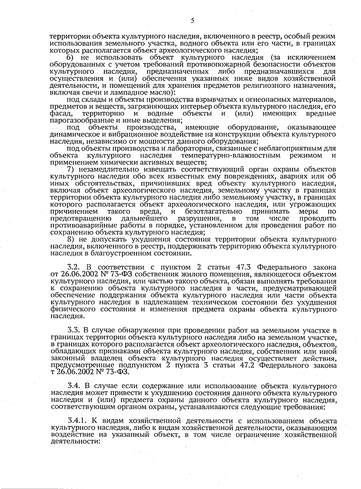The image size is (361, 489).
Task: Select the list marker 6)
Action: coord(71,58)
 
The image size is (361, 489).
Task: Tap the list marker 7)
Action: coord(71,170)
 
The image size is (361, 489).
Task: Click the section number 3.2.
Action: coord(74,267)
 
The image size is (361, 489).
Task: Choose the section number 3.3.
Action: coord(74,331)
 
